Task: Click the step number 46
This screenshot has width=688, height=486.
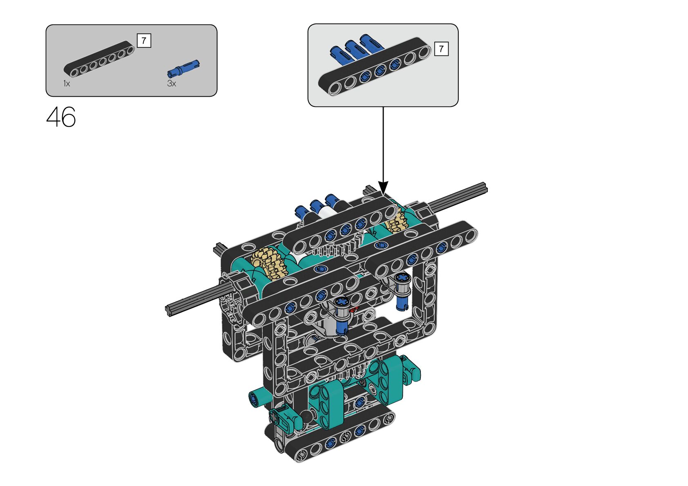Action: (x=61, y=117)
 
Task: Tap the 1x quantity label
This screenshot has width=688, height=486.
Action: (x=67, y=84)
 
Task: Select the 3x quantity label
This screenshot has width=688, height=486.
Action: (x=172, y=84)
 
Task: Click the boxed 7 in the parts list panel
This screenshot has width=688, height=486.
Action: (x=144, y=40)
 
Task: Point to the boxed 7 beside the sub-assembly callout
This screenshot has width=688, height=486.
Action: (x=441, y=49)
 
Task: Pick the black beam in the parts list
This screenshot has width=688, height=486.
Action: (x=99, y=59)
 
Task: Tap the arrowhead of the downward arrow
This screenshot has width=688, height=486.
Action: (x=383, y=187)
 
